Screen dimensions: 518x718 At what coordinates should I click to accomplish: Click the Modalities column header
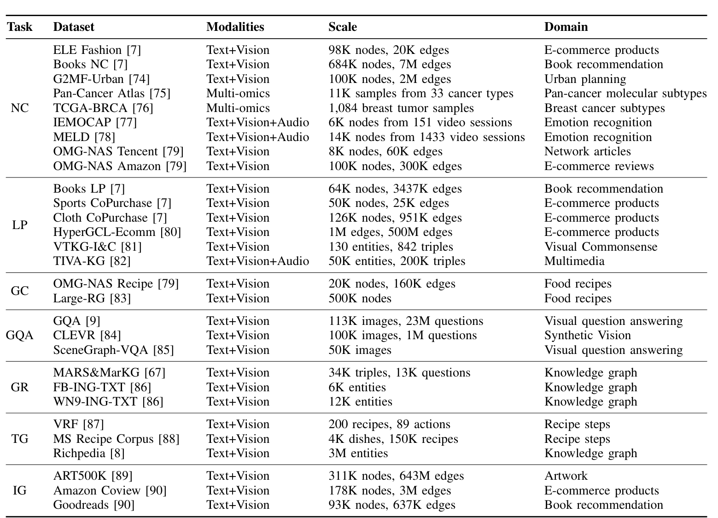pos(235,27)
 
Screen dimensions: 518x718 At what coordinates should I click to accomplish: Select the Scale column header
pos(342,27)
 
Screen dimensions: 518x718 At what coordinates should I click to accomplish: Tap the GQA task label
pos(20,336)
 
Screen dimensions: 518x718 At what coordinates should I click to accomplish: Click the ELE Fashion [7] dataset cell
pos(97,50)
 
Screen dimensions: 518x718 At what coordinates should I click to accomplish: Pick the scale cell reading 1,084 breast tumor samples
pos(401,108)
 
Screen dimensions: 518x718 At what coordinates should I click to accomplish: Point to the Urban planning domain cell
pos(585,79)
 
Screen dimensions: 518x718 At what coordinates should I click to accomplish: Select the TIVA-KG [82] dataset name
pos(92,261)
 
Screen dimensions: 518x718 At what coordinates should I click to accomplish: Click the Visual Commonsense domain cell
pos(601,247)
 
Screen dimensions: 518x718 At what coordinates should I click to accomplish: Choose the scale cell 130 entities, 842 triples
pos(391,247)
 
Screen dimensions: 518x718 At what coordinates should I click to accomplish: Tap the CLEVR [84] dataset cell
pos(87,335)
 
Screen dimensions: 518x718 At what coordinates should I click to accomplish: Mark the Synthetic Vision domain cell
pos(587,335)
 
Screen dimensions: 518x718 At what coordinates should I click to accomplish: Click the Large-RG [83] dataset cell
pos(92,298)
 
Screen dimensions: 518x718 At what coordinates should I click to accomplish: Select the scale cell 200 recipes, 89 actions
pos(389,424)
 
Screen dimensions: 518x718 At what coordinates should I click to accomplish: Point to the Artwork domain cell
pos(566,476)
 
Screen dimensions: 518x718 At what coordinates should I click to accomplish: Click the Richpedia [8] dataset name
pos(89,453)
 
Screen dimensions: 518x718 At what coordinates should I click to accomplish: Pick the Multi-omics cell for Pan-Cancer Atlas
pos(238,93)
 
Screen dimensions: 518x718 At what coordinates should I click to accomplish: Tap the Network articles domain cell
pos(587,151)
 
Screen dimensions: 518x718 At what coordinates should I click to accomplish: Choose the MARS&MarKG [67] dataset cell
pos(109,372)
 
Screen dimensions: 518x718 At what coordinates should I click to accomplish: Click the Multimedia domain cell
pos(574,261)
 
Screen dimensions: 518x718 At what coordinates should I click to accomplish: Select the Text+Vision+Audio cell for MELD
pos(257,137)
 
